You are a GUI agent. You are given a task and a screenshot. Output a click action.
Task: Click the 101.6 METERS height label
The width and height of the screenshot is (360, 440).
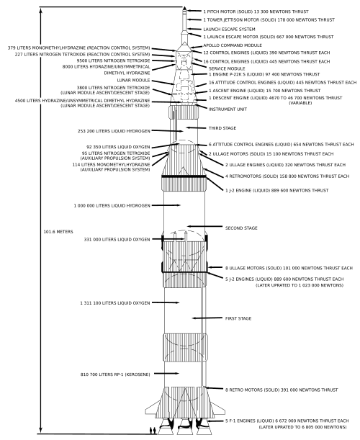pyautogui.click(x=58, y=232)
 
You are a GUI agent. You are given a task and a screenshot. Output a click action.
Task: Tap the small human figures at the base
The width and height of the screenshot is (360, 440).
pyautogui.click(x=153, y=430)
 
